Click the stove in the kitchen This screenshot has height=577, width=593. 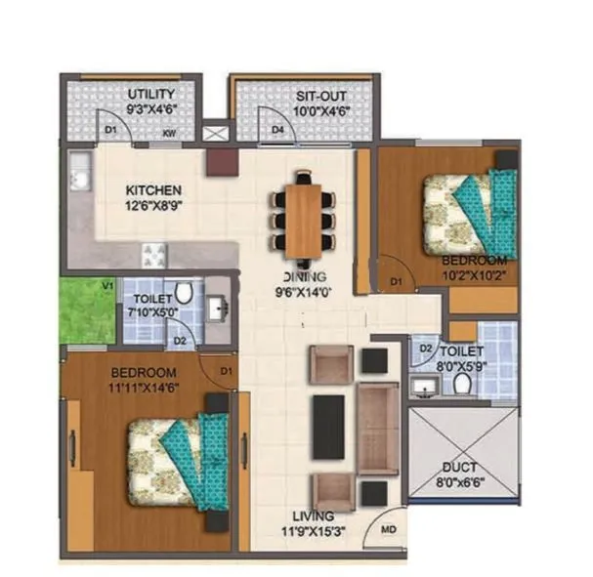click(x=155, y=255)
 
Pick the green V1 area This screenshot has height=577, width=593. click(x=87, y=310)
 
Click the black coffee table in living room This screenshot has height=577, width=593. click(x=328, y=427)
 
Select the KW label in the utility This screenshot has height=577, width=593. click(x=169, y=132)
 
